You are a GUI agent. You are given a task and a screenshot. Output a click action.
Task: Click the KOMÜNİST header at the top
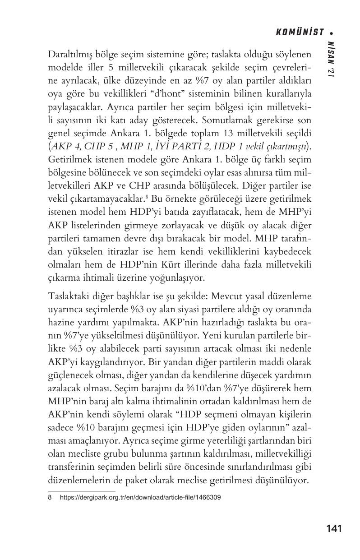pos(300,32)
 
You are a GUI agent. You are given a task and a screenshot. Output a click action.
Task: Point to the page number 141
pos(333,528)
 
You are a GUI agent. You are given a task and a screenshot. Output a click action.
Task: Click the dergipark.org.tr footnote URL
pos(140,498)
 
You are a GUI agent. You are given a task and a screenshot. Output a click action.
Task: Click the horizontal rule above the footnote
pos(82,491)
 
